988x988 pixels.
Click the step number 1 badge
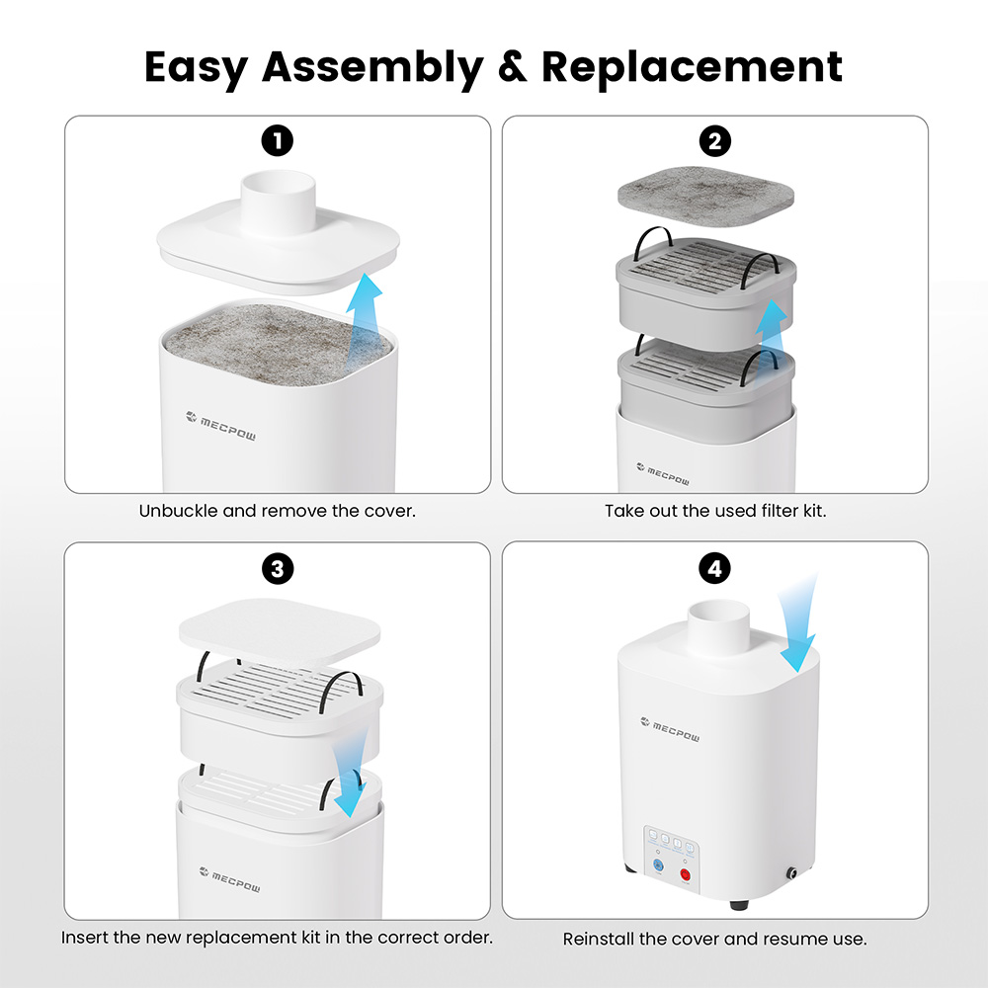click(278, 142)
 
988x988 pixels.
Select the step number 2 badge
click(714, 142)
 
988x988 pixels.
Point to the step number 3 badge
click(278, 569)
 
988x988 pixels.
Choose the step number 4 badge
click(714, 569)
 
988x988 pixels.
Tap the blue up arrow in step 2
click(770, 325)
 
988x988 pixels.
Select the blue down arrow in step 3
click(348, 776)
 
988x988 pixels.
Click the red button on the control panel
click(684, 873)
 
